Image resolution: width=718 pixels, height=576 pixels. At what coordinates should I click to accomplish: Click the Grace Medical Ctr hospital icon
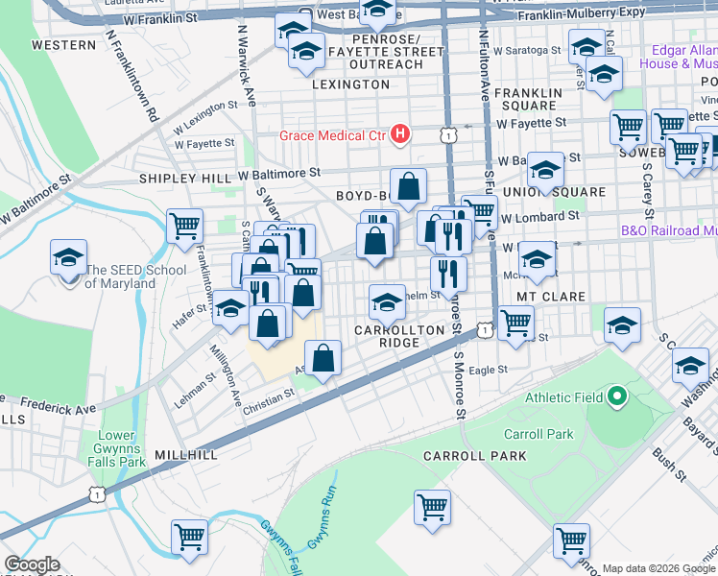click(401, 134)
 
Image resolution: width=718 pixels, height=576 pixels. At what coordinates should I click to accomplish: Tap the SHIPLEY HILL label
click(185, 179)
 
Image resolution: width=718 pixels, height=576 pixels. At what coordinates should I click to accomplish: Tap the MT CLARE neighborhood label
click(551, 297)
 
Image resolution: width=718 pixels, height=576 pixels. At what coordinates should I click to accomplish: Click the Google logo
click(32, 564)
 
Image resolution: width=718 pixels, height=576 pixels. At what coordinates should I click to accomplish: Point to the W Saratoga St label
click(527, 50)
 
